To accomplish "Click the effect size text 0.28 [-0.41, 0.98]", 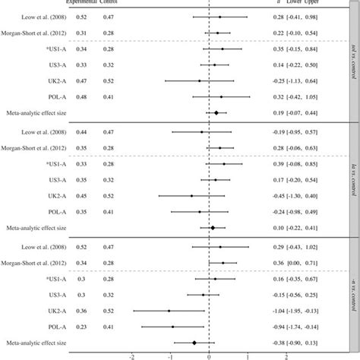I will pyautogui.click(x=308, y=16).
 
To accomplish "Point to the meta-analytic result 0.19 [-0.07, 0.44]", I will pyautogui.click(x=308, y=112).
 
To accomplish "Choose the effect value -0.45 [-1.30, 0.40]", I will pyautogui.click(x=308, y=195).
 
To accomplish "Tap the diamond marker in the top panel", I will pyautogui.click(x=216, y=112).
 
